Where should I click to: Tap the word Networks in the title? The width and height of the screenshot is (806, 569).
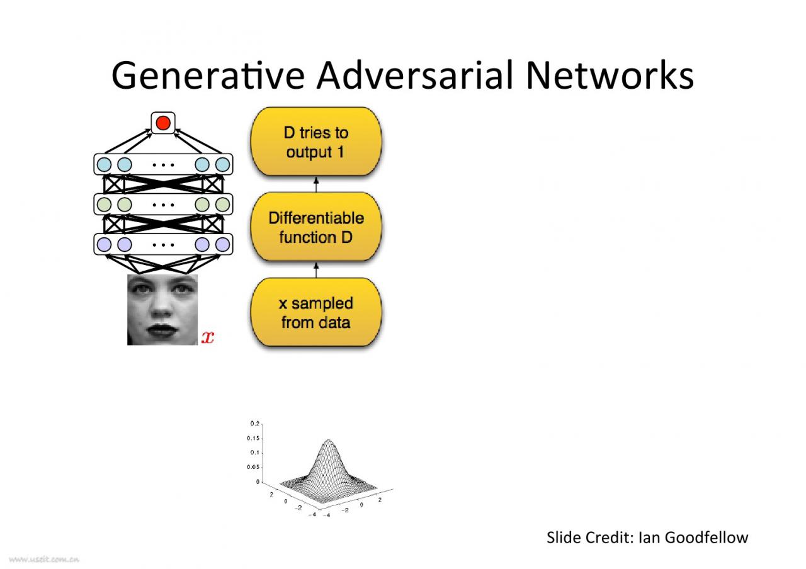tap(609, 76)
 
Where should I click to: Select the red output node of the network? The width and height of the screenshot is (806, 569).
tap(163, 122)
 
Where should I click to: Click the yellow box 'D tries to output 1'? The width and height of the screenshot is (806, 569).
tap(316, 142)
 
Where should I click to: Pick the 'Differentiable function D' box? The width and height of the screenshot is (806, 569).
tap(316, 227)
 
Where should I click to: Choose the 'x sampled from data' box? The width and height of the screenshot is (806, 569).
tap(316, 313)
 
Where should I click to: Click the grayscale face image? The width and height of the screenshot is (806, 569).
tap(162, 310)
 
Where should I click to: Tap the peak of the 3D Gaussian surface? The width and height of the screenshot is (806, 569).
tap(329, 441)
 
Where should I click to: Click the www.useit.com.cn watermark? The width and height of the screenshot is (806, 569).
tap(44, 558)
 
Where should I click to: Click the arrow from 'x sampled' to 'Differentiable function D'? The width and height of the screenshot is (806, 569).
tap(316, 271)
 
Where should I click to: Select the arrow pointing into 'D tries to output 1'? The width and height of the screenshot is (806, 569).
tap(316, 184)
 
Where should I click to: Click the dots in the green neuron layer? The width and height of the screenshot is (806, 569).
tap(163, 205)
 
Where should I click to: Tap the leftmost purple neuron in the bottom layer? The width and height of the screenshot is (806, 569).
tap(105, 244)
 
